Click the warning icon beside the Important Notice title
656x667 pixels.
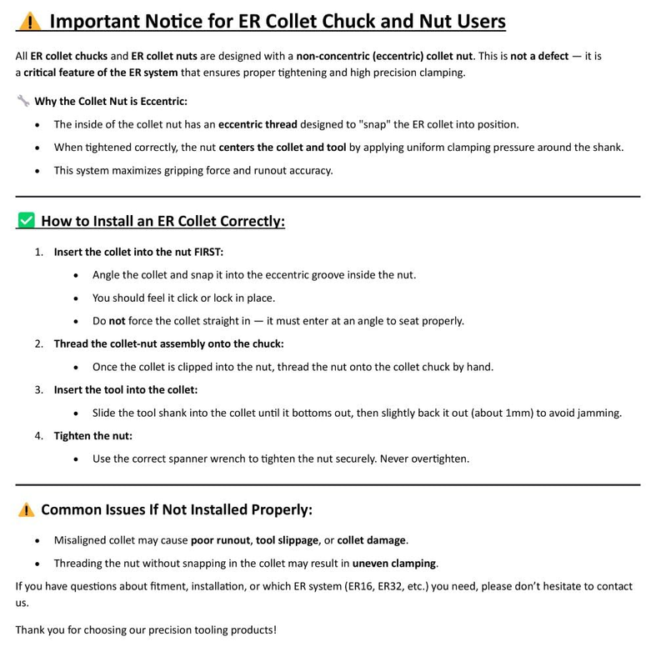[x=29, y=22]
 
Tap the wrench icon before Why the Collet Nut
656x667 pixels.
[x=23, y=101]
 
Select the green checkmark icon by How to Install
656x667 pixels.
[x=26, y=221]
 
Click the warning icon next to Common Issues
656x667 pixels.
[x=26, y=509]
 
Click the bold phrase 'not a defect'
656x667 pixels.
[x=539, y=56]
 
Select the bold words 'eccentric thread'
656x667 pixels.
[x=258, y=124]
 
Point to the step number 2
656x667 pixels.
[x=38, y=344]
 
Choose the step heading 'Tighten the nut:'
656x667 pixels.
[x=93, y=435]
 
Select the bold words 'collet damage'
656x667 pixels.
[x=372, y=540]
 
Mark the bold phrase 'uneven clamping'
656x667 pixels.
[x=394, y=563]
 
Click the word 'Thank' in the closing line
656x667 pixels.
[x=31, y=629]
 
